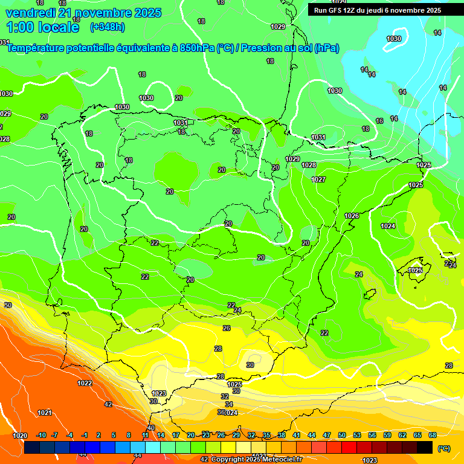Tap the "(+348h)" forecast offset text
tap(107, 27)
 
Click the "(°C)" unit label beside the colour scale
tap(443, 448)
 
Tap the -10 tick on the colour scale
tap(41, 436)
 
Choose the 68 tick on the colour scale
tap(433, 436)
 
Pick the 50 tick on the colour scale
tap(342, 436)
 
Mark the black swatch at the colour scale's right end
tap(425, 447)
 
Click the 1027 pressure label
tap(318, 179)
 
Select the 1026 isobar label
tap(352, 216)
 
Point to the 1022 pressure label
tap(85, 383)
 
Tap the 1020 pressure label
tap(20, 436)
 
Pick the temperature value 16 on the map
tap(379, 121)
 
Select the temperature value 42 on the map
tap(108, 404)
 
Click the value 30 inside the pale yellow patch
tap(250, 365)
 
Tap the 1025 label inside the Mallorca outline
tap(415, 270)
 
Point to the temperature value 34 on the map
tap(229, 404)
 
